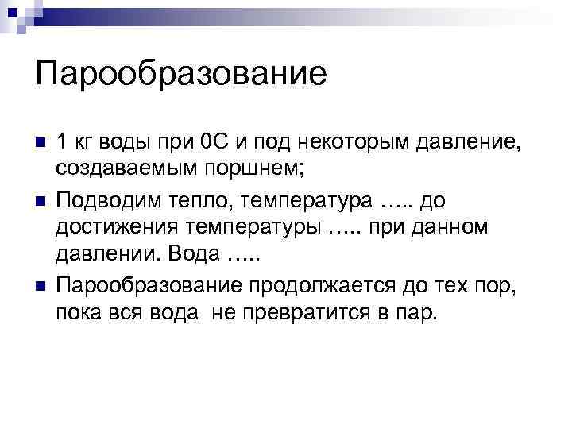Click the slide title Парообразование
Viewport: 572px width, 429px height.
[181, 75]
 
